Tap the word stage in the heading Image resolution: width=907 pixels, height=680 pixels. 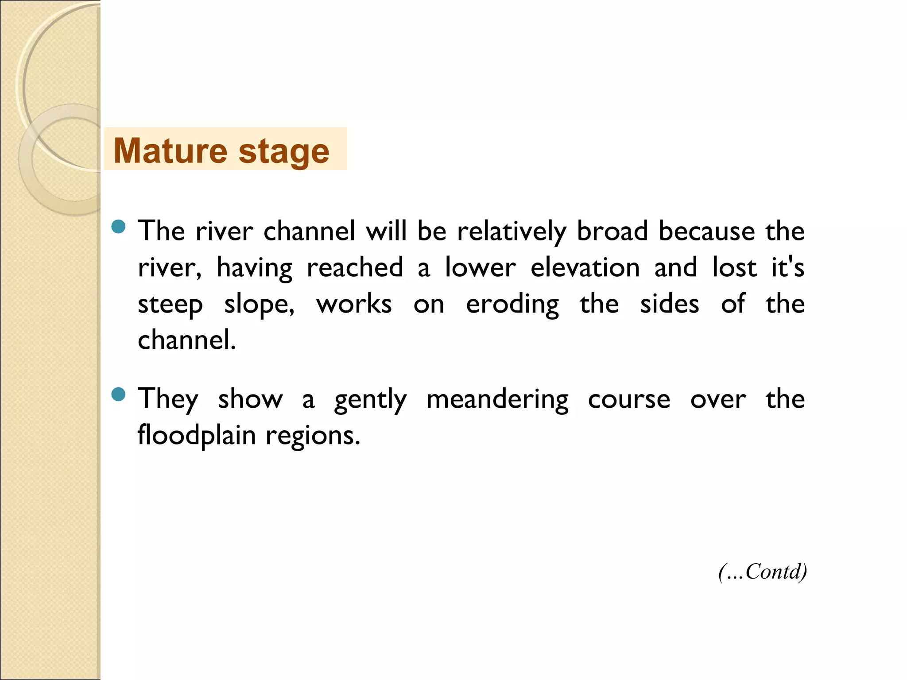[x=284, y=151]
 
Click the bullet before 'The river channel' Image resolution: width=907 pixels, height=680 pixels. [x=119, y=227]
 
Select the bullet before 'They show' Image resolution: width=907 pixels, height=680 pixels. [x=119, y=394]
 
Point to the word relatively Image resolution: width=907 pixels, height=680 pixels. [x=512, y=231]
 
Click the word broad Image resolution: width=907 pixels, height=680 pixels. [x=612, y=231]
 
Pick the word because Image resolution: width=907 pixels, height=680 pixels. [x=707, y=231]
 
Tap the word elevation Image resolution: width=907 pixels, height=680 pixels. [x=585, y=267]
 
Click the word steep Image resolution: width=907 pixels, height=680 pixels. [x=171, y=305]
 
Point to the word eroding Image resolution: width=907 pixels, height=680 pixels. [x=512, y=305]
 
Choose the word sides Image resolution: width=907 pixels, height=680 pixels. [x=670, y=304]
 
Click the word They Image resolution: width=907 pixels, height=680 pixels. [x=168, y=399]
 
